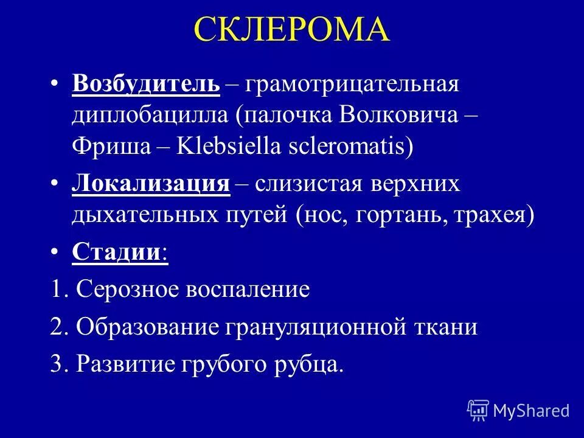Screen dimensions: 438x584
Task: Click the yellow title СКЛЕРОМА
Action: click(x=292, y=29)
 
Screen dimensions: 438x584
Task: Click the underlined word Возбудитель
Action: click(x=145, y=85)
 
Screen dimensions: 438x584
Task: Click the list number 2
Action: click(x=58, y=327)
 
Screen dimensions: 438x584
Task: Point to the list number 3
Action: click(x=58, y=364)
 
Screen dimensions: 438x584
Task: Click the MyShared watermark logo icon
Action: click(x=478, y=411)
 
